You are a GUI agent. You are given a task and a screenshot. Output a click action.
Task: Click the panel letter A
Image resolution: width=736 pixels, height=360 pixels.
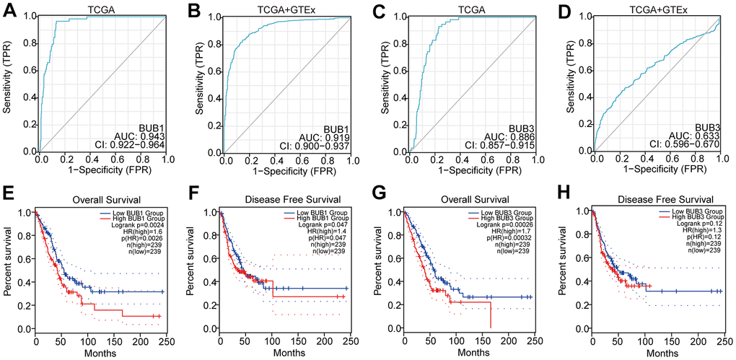[10, 9]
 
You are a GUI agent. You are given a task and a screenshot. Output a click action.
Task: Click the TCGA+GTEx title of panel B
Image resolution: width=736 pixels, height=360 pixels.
[285, 9]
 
